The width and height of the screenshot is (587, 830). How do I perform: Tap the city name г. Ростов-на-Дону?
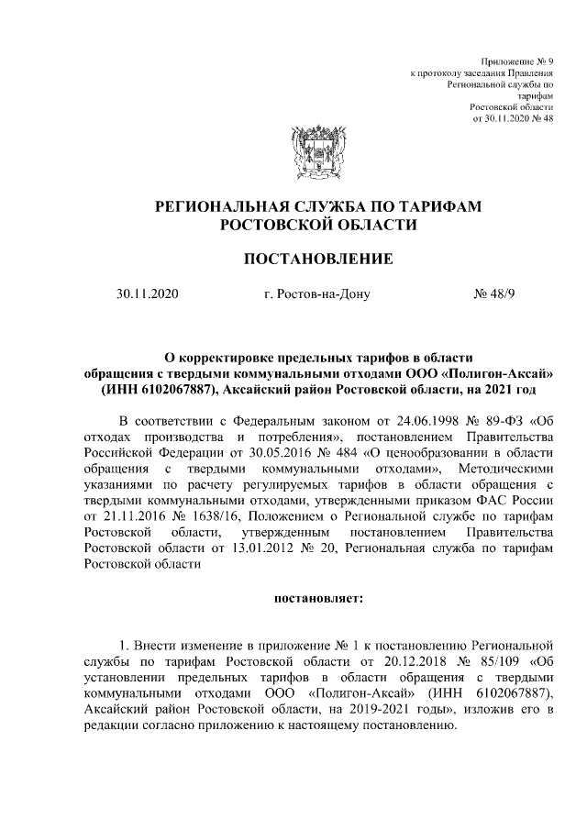(x=316, y=295)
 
